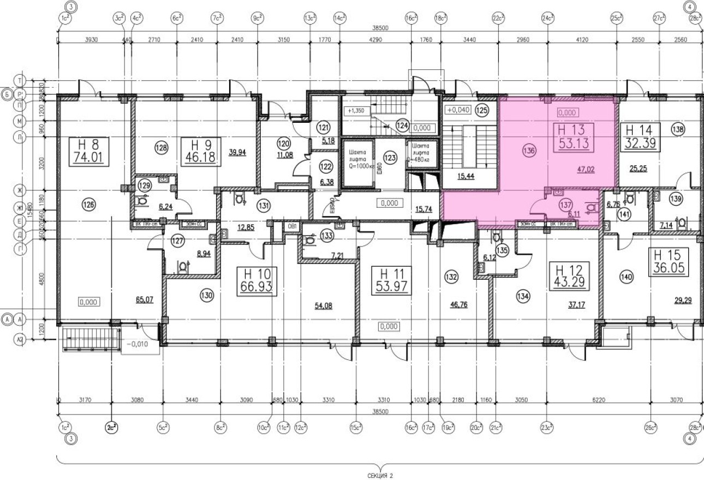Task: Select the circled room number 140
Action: coord(628,277)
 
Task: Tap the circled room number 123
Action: coord(389,158)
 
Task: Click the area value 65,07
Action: coord(145,299)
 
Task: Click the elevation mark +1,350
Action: coord(355,110)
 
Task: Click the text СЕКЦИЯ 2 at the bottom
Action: coord(380,476)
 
